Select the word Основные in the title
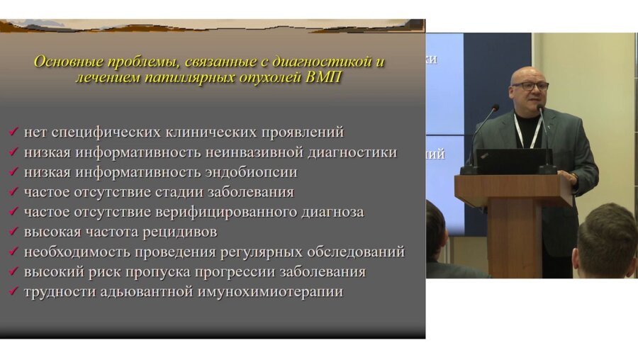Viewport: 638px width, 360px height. click(68, 61)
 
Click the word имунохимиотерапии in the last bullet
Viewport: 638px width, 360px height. click(272, 291)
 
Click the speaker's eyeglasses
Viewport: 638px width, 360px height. click(530, 86)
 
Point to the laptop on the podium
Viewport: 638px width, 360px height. click(510, 162)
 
